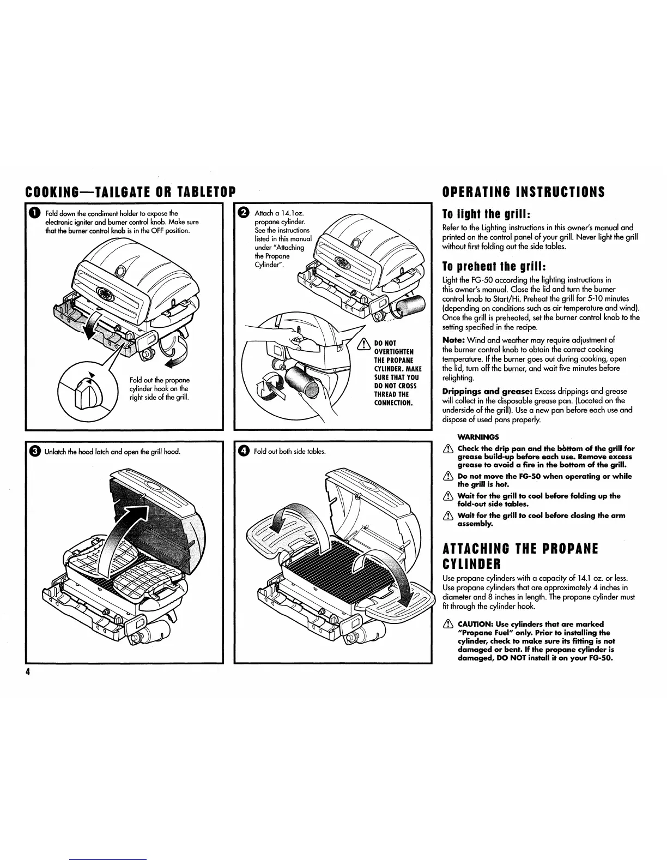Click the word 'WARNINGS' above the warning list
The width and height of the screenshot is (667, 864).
[478, 437]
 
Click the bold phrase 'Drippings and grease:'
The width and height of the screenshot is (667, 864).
[487, 391]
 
